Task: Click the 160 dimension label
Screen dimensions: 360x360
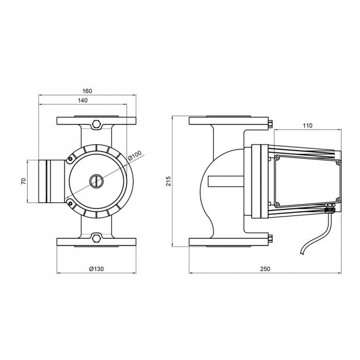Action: point(87,91)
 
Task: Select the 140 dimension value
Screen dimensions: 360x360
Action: point(83,101)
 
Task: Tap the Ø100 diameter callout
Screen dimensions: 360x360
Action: point(135,155)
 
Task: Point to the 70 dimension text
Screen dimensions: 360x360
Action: point(24,182)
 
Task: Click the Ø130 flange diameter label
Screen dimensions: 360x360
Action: point(97,269)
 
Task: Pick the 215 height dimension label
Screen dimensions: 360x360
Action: point(169,181)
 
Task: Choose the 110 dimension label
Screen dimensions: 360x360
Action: point(308,125)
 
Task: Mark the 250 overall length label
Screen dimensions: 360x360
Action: point(265,269)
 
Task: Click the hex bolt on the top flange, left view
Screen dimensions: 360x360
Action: point(97,124)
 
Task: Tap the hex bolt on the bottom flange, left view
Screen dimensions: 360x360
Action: point(97,238)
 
